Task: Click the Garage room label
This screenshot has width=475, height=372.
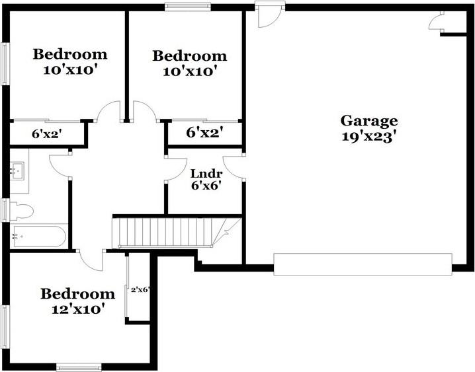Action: tap(369, 121)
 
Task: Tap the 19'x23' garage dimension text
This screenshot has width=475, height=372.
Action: tap(369, 137)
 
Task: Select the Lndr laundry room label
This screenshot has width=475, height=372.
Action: tap(205, 173)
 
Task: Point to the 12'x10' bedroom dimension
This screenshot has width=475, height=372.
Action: tap(78, 309)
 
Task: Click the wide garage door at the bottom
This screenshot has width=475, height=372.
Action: tap(363, 264)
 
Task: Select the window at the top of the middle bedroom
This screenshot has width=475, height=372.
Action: tap(188, 8)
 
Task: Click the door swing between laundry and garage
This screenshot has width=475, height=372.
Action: tap(233, 167)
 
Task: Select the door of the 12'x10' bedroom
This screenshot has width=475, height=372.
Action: tap(92, 260)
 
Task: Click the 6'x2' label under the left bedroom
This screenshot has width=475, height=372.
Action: tap(47, 134)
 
